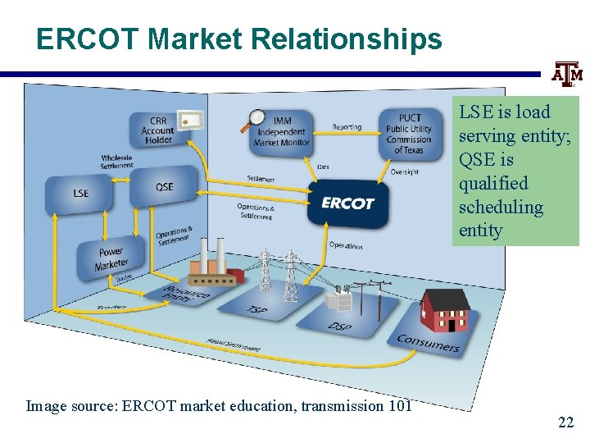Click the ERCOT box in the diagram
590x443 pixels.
pyautogui.click(x=347, y=202)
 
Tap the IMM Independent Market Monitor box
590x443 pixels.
pyautogui.click(x=281, y=131)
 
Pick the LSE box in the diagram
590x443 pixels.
pyautogui.click(x=80, y=194)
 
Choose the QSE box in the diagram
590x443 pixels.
pyautogui.click(x=164, y=186)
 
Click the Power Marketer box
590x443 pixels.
pyautogui.click(x=110, y=258)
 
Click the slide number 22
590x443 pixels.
pyautogui.click(x=565, y=422)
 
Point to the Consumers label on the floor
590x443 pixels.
pyautogui.click(x=428, y=343)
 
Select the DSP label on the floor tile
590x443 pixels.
pyautogui.click(x=339, y=326)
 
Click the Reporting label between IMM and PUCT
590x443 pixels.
pyautogui.click(x=347, y=127)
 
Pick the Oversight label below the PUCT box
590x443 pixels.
pyautogui.click(x=404, y=171)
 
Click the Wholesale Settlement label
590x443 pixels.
pyautogui.click(x=117, y=162)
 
